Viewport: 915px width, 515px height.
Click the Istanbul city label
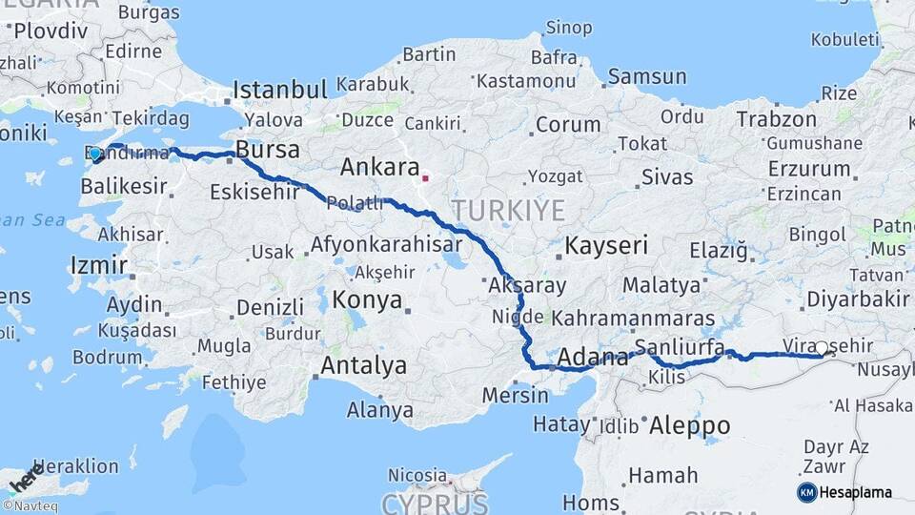tap(280, 91)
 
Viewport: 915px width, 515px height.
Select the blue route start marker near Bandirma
tap(95, 154)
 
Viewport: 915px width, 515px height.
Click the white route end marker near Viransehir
tap(823, 348)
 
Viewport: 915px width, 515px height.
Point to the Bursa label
tap(267, 150)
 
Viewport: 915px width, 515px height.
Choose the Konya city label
tap(366, 300)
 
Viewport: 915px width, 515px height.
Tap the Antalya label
tap(363, 365)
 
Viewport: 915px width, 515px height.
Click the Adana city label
tap(592, 358)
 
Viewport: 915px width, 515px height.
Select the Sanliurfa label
tap(679, 346)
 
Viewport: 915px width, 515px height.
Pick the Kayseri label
tap(606, 246)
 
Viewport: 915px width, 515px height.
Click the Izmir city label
tap(98, 264)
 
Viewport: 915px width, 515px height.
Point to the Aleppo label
tap(689, 425)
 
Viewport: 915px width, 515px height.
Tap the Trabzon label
tap(776, 119)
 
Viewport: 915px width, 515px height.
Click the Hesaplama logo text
tap(856, 493)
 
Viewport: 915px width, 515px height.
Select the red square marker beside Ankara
tap(425, 177)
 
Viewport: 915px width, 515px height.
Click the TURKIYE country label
tap(508, 210)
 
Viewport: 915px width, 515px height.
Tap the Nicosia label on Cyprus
tap(417, 474)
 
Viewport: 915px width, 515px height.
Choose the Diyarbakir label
tap(858, 299)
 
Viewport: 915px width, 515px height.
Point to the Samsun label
tap(646, 76)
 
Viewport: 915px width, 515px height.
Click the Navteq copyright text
tap(30, 506)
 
